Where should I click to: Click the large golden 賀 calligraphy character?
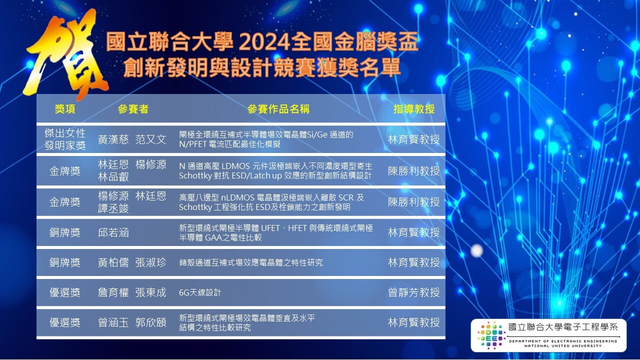coord(64,54)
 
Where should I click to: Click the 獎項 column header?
coord(65,109)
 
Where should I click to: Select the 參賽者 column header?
coord(133,109)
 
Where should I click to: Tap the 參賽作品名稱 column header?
coord(278,109)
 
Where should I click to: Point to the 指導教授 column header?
coord(413,109)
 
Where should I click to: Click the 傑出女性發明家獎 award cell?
coord(65,139)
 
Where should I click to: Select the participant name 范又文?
coord(150,139)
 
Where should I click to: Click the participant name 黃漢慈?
coord(113,139)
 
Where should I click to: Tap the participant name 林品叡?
coord(113,177)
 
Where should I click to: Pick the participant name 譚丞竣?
coord(113,208)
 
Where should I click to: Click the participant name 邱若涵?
coord(113,232)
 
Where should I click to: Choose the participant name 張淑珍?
coord(150,262)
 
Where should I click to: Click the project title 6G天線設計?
coord(200,292)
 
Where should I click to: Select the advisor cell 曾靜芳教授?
coord(413,292)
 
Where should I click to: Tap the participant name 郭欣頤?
coord(150,322)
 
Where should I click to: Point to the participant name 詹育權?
coord(113,292)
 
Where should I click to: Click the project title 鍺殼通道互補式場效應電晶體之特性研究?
coord(251,262)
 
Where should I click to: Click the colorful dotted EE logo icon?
coord(491,335)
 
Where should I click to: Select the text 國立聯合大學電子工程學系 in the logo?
coord(563,327)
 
